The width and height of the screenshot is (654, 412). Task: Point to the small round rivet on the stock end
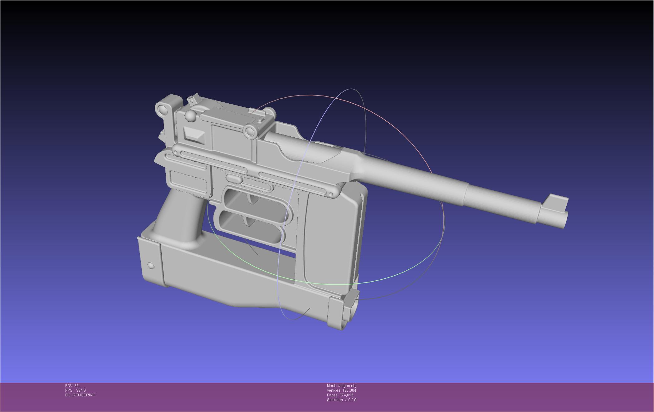[x=151, y=266]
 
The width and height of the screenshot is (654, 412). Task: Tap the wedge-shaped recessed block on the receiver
[x=194, y=135]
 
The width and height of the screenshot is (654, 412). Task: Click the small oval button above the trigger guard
[x=234, y=179]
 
